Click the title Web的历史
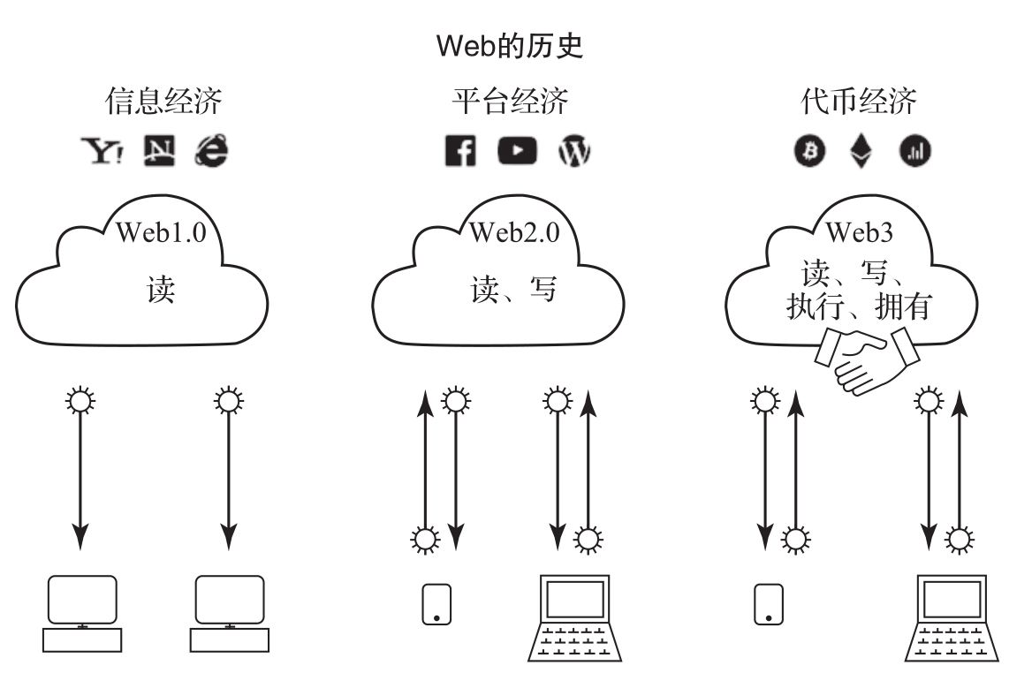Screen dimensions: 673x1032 [515, 47]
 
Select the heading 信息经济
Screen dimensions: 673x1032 [163, 102]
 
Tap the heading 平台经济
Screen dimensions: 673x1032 [509, 102]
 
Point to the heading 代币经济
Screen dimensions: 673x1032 [858, 102]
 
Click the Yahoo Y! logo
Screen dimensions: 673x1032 [102, 152]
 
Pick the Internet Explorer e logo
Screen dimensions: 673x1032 [212, 152]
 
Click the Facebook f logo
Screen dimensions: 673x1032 [460, 153]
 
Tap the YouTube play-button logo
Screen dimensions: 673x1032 [516, 152]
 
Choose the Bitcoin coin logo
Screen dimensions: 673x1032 [808, 153]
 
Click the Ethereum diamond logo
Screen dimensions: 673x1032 [860, 153]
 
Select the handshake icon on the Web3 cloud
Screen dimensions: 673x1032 [866, 358]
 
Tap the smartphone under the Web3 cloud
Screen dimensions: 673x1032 [769, 604]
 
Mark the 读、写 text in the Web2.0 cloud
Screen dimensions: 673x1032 [514, 289]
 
